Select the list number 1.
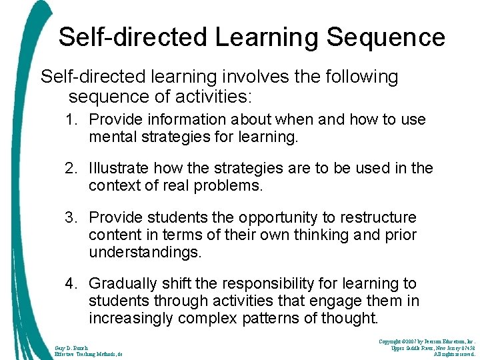point(71,120)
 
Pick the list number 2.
point(71,168)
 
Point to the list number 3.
point(71,217)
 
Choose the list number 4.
point(71,284)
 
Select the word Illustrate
point(115,168)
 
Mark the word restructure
point(383,217)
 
